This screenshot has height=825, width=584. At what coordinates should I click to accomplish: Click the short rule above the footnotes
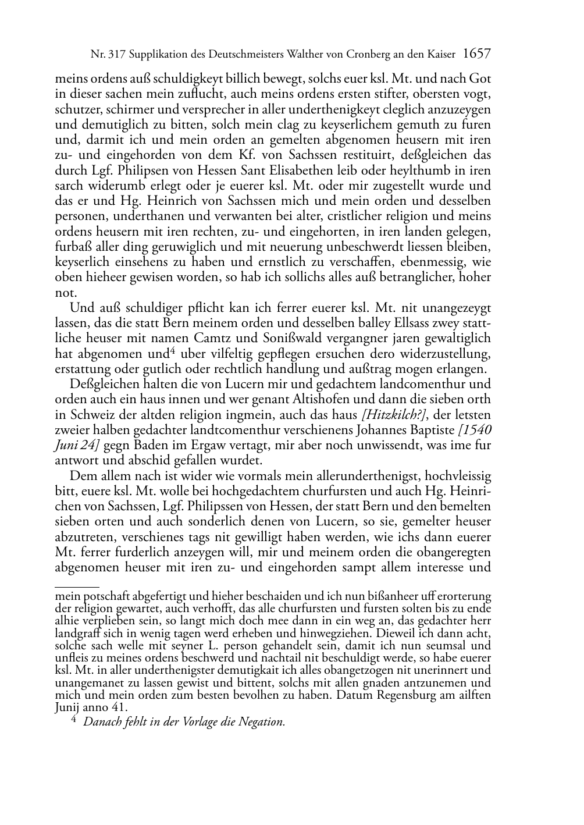[77, 579]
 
